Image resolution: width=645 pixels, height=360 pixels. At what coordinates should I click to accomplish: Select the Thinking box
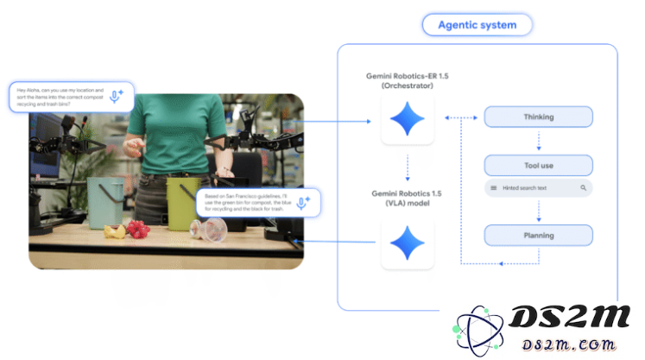pos(538,117)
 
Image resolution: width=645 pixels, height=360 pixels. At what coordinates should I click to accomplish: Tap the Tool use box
pos(538,165)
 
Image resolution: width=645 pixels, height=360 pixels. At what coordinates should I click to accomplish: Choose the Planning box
pos(538,235)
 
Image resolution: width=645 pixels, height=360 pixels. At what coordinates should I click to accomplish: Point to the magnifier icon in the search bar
pos(584,187)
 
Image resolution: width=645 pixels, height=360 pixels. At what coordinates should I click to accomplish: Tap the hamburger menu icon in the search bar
pos(493,187)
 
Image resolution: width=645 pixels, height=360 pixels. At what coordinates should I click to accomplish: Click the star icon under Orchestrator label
pos(407,120)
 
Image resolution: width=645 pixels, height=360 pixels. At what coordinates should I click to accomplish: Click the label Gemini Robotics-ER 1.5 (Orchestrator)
pos(407,81)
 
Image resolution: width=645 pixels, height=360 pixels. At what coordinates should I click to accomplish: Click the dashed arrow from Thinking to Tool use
pos(538,141)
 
